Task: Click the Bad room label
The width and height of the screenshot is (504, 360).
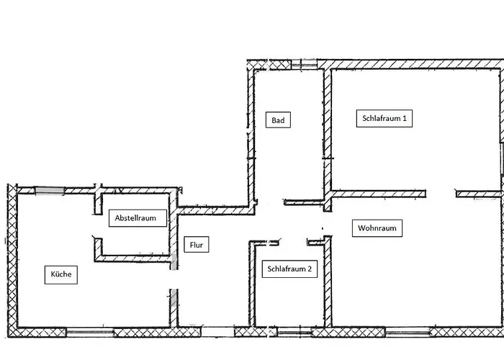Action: pyautogui.click(x=278, y=120)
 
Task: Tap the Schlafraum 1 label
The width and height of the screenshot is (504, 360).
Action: pyautogui.click(x=384, y=118)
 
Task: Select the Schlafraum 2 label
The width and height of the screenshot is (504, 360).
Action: pyautogui.click(x=289, y=269)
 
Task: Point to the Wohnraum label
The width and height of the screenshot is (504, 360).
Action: pyautogui.click(x=377, y=228)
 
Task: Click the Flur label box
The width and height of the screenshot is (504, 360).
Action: pyautogui.click(x=197, y=245)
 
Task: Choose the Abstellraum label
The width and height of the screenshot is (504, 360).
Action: pyautogui.click(x=138, y=218)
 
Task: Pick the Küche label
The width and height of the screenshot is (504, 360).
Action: pyautogui.click(x=61, y=275)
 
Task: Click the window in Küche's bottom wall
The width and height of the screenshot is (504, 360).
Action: pyautogui.click(x=90, y=333)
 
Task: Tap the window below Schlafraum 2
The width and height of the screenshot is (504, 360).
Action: pyautogui.click(x=294, y=333)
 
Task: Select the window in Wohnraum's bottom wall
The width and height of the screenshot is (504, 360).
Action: pyautogui.click(x=408, y=332)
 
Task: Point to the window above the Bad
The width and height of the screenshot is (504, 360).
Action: pyautogui.click(x=304, y=64)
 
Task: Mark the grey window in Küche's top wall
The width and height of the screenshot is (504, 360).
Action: pyautogui.click(x=50, y=190)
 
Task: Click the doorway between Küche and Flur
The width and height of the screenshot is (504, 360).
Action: pyautogui.click(x=174, y=279)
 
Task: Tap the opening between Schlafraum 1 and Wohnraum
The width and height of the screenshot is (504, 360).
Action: pyautogui.click(x=441, y=194)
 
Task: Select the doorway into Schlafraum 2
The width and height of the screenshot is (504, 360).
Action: pyautogui.click(x=293, y=243)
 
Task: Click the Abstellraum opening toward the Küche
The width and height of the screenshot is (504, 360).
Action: pyautogui.click(x=98, y=226)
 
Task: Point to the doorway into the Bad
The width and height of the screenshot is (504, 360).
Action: pyautogui.click(x=270, y=202)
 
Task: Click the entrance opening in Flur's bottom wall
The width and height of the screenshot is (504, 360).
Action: pyautogui.click(x=218, y=332)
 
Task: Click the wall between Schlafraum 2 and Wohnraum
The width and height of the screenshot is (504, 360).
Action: pyautogui.click(x=328, y=282)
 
